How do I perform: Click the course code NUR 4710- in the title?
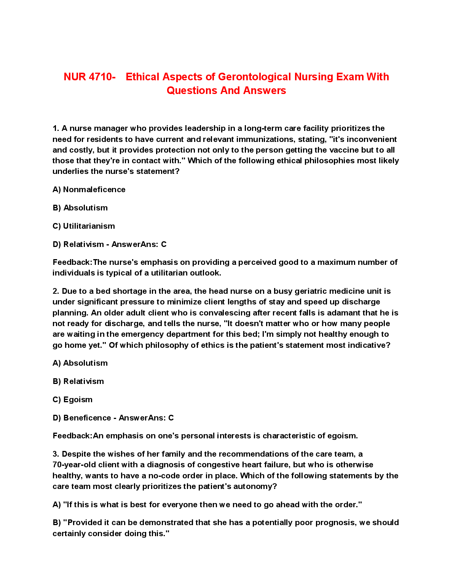pos(89,77)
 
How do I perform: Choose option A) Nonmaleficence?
pos(89,189)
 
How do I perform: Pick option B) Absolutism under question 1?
pos(80,208)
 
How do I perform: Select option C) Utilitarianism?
pos(84,226)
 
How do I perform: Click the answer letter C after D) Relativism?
pos(164,244)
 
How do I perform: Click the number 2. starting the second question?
pos(56,291)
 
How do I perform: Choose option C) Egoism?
pos(73,400)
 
